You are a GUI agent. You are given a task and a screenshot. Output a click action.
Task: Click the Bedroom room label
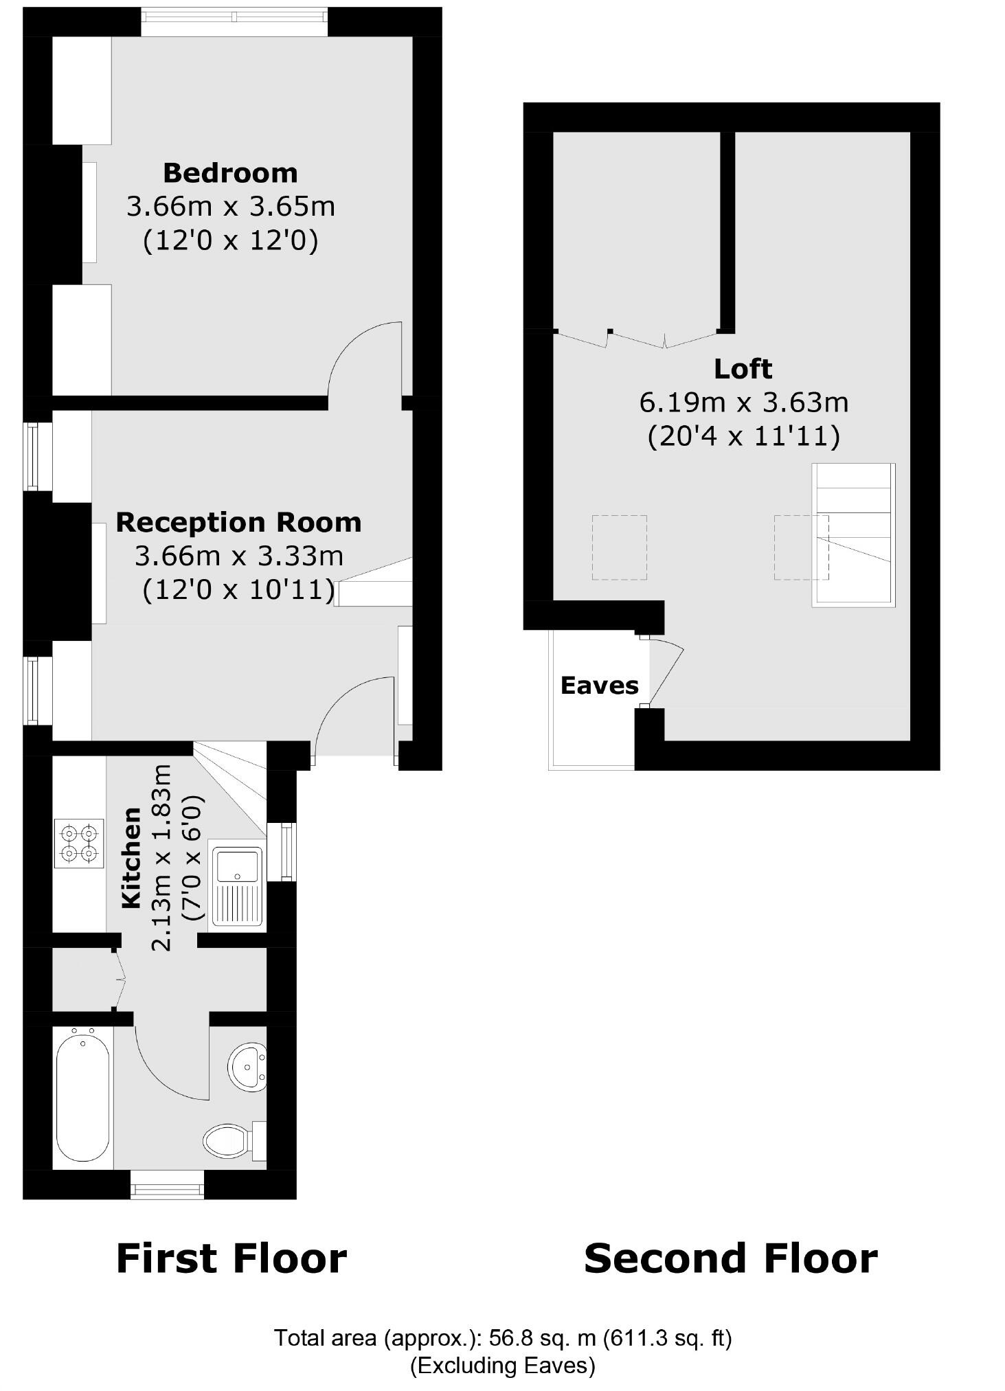pyautogui.click(x=230, y=173)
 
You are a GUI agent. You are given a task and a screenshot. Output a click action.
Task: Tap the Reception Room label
pyautogui.click(x=238, y=523)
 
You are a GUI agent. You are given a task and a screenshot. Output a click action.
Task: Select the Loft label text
pyautogui.click(x=743, y=370)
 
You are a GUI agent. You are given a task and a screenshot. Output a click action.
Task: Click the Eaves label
pyautogui.click(x=599, y=686)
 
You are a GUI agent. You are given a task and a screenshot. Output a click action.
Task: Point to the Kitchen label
pyautogui.click(x=131, y=858)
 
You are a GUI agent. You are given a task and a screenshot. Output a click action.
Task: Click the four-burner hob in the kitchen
pyautogui.click(x=79, y=843)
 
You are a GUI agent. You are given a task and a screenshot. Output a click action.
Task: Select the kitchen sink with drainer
pyautogui.click(x=238, y=886)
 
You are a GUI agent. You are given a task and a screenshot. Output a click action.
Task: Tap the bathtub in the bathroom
pyautogui.click(x=82, y=1097)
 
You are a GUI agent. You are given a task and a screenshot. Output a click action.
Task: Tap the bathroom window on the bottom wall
pyautogui.click(x=167, y=1184)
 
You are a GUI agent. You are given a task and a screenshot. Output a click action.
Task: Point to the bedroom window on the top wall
pyautogui.click(x=234, y=21)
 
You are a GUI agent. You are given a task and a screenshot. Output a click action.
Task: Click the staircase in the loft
pyautogui.click(x=854, y=534)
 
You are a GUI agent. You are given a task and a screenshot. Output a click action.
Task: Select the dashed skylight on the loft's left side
pyautogui.click(x=619, y=547)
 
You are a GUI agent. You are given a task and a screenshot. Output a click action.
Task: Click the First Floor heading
pyautogui.click(x=232, y=1258)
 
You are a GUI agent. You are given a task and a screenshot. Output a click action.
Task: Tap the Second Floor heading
pyautogui.click(x=730, y=1258)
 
